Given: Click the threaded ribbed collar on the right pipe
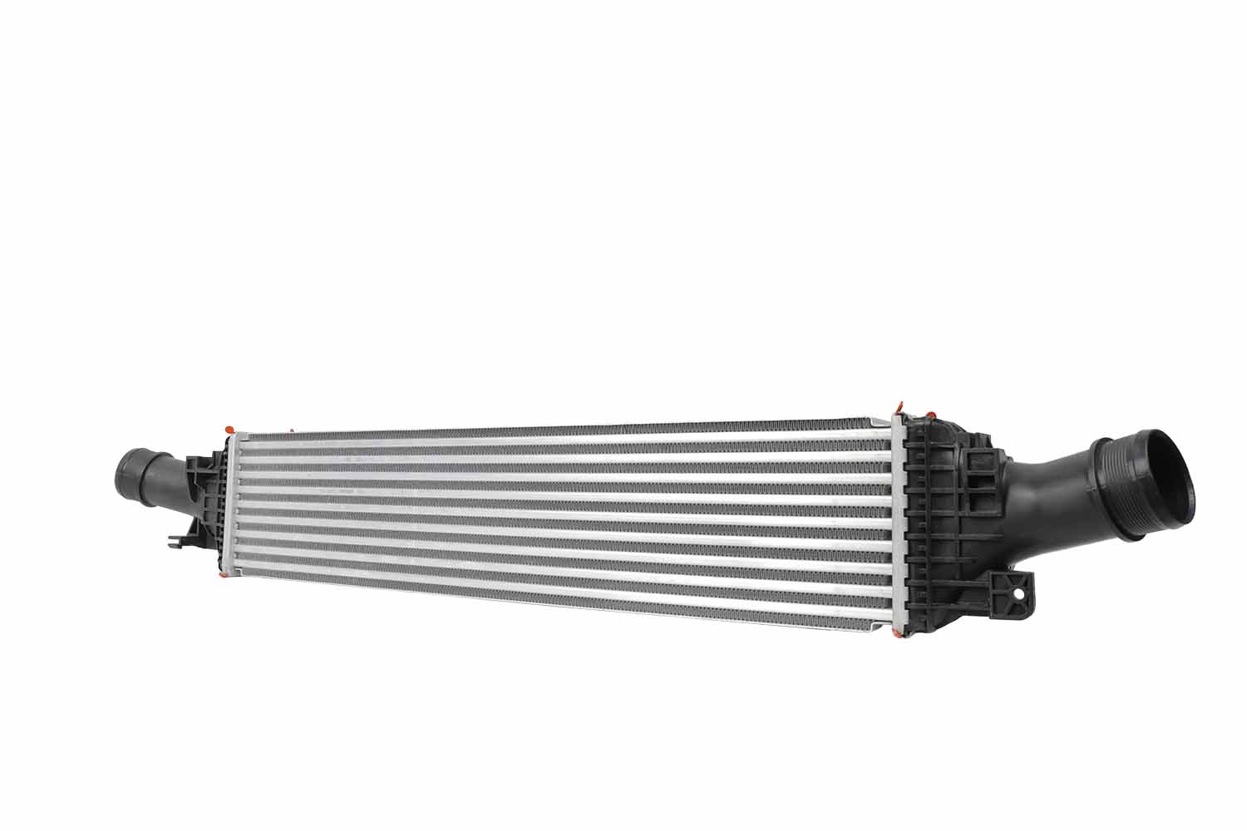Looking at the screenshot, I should click(1121, 490).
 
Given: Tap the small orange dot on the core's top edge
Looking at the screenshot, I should click(292, 430).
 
